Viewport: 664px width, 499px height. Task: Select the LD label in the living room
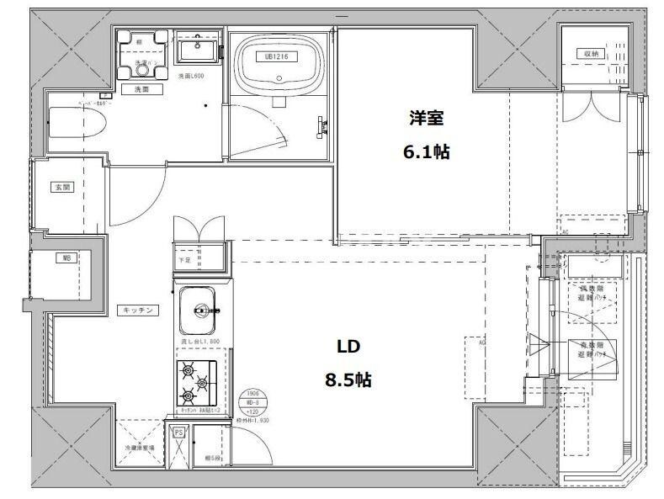click(349, 347)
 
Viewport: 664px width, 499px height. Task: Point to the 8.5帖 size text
click(349, 380)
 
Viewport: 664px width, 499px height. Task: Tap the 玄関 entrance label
click(62, 187)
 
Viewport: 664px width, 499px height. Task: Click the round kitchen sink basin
click(200, 308)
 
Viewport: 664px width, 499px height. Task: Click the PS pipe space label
click(178, 433)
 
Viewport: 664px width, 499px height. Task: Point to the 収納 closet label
click(592, 53)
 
